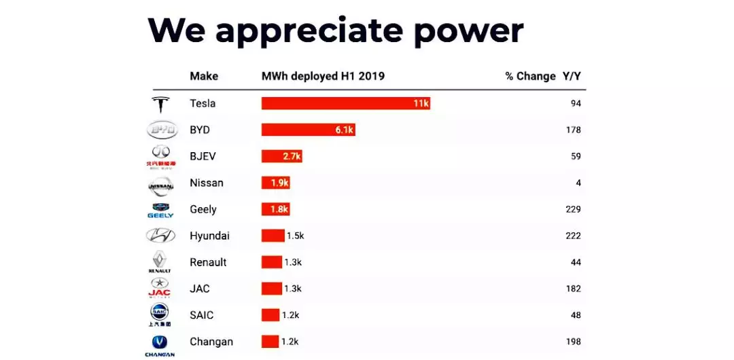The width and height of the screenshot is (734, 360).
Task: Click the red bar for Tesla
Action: (345, 103)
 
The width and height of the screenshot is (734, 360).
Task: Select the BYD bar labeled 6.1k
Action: (308, 130)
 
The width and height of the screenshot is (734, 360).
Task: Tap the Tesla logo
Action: (161, 105)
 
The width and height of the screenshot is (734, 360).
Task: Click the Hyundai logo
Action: (161, 236)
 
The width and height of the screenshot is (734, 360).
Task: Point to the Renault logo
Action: (160, 262)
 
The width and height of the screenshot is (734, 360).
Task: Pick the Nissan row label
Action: (207, 183)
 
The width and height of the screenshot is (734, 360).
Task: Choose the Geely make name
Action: (203, 209)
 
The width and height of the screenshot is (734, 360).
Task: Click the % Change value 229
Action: (572, 209)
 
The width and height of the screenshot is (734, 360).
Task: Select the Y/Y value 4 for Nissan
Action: (578, 183)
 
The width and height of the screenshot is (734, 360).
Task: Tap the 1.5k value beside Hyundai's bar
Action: (296, 236)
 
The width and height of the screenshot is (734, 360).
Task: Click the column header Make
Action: (204, 76)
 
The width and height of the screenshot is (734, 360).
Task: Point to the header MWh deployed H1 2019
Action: (323, 76)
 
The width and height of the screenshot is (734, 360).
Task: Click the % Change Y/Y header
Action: (543, 76)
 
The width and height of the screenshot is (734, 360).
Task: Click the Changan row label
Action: (211, 342)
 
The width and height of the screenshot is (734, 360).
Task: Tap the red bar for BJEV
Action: (281, 156)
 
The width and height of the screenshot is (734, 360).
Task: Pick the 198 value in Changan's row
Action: (572, 342)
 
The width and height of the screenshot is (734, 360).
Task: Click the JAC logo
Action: (160, 288)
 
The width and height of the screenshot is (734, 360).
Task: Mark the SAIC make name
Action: (202, 315)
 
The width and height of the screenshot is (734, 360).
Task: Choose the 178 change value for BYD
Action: (572, 130)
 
